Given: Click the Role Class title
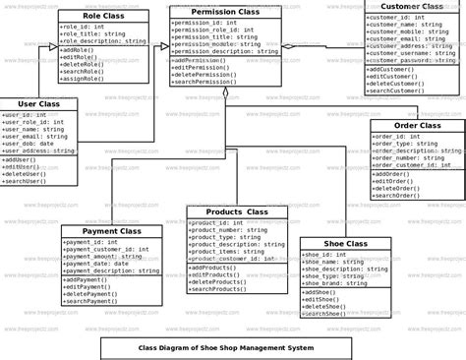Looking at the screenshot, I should (102, 17).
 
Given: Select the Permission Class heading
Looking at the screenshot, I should (225, 12).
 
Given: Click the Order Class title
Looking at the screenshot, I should (417, 126).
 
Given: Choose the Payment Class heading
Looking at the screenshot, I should (112, 231).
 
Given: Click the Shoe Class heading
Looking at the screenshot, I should (346, 244).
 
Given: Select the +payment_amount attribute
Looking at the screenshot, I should (99, 257).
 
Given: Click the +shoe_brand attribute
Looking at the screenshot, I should (332, 284).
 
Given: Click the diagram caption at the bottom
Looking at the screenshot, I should (225, 347).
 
